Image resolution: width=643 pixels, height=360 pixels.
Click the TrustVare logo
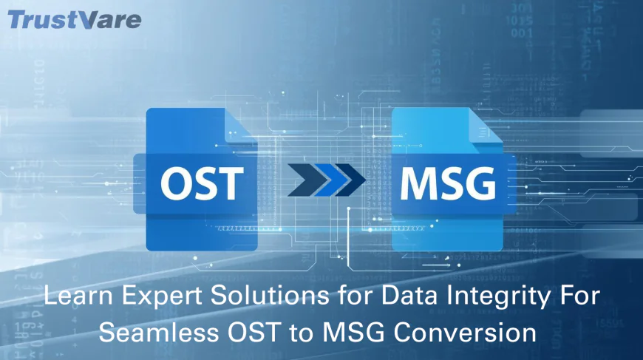74,18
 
